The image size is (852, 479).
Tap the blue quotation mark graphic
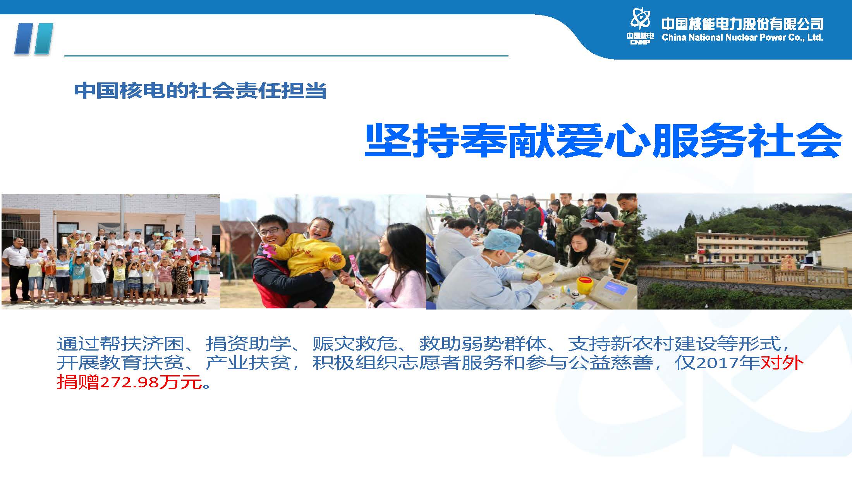click(33, 39)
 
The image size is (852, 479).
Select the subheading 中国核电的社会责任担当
click(200, 91)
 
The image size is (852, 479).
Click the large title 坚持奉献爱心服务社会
click(603, 141)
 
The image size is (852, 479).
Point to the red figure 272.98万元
click(151, 382)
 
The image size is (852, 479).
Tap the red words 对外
click(782, 363)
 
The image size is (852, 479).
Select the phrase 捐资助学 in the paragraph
click(248, 343)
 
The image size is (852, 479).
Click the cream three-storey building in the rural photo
click(751, 248)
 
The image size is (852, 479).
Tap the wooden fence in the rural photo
click(744, 275)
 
